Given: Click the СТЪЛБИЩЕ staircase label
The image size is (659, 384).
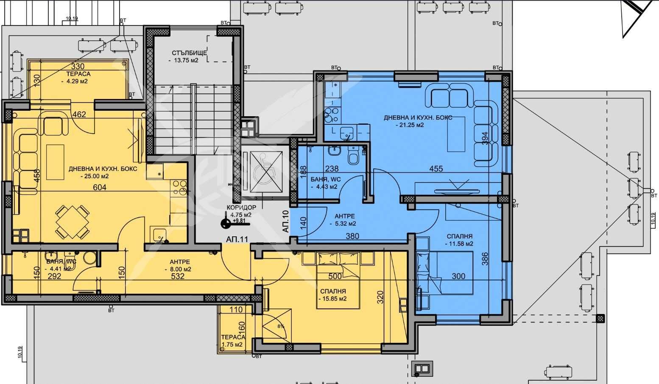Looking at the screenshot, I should (189, 53).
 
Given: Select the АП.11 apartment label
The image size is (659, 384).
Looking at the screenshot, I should (237, 239).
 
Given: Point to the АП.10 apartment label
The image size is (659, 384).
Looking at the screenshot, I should (285, 221).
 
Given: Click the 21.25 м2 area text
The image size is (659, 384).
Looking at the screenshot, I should (409, 125).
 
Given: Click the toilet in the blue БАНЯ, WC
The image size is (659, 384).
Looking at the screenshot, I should (353, 158).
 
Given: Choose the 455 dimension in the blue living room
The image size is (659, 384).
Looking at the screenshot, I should (436, 168).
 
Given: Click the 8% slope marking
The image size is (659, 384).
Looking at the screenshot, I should (280, 327).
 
